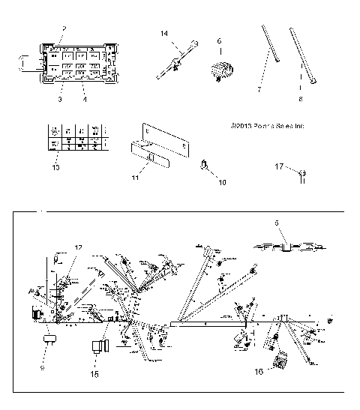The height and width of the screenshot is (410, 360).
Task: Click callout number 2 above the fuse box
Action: click(x=64, y=28)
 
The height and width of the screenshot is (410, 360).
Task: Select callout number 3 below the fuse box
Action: click(x=58, y=97)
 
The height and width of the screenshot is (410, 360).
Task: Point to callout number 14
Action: click(x=164, y=32)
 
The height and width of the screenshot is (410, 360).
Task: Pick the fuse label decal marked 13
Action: click(x=75, y=138)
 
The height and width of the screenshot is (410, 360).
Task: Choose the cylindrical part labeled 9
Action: click(x=49, y=341)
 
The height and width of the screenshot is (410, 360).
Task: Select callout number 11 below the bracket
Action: click(x=136, y=178)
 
